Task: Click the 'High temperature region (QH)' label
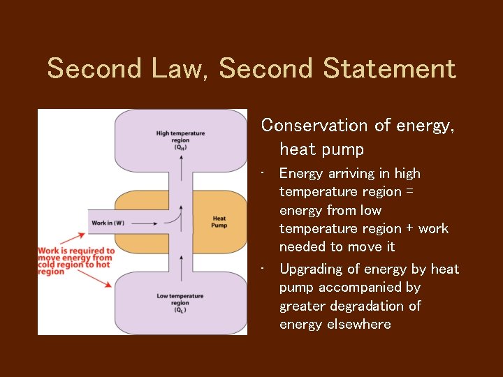(x=180, y=140)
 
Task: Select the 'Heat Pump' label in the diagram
(x=219, y=222)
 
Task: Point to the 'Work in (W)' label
(x=108, y=223)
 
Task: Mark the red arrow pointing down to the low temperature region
(x=105, y=279)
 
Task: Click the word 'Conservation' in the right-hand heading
(x=304, y=126)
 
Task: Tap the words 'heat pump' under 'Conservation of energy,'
(x=321, y=149)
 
